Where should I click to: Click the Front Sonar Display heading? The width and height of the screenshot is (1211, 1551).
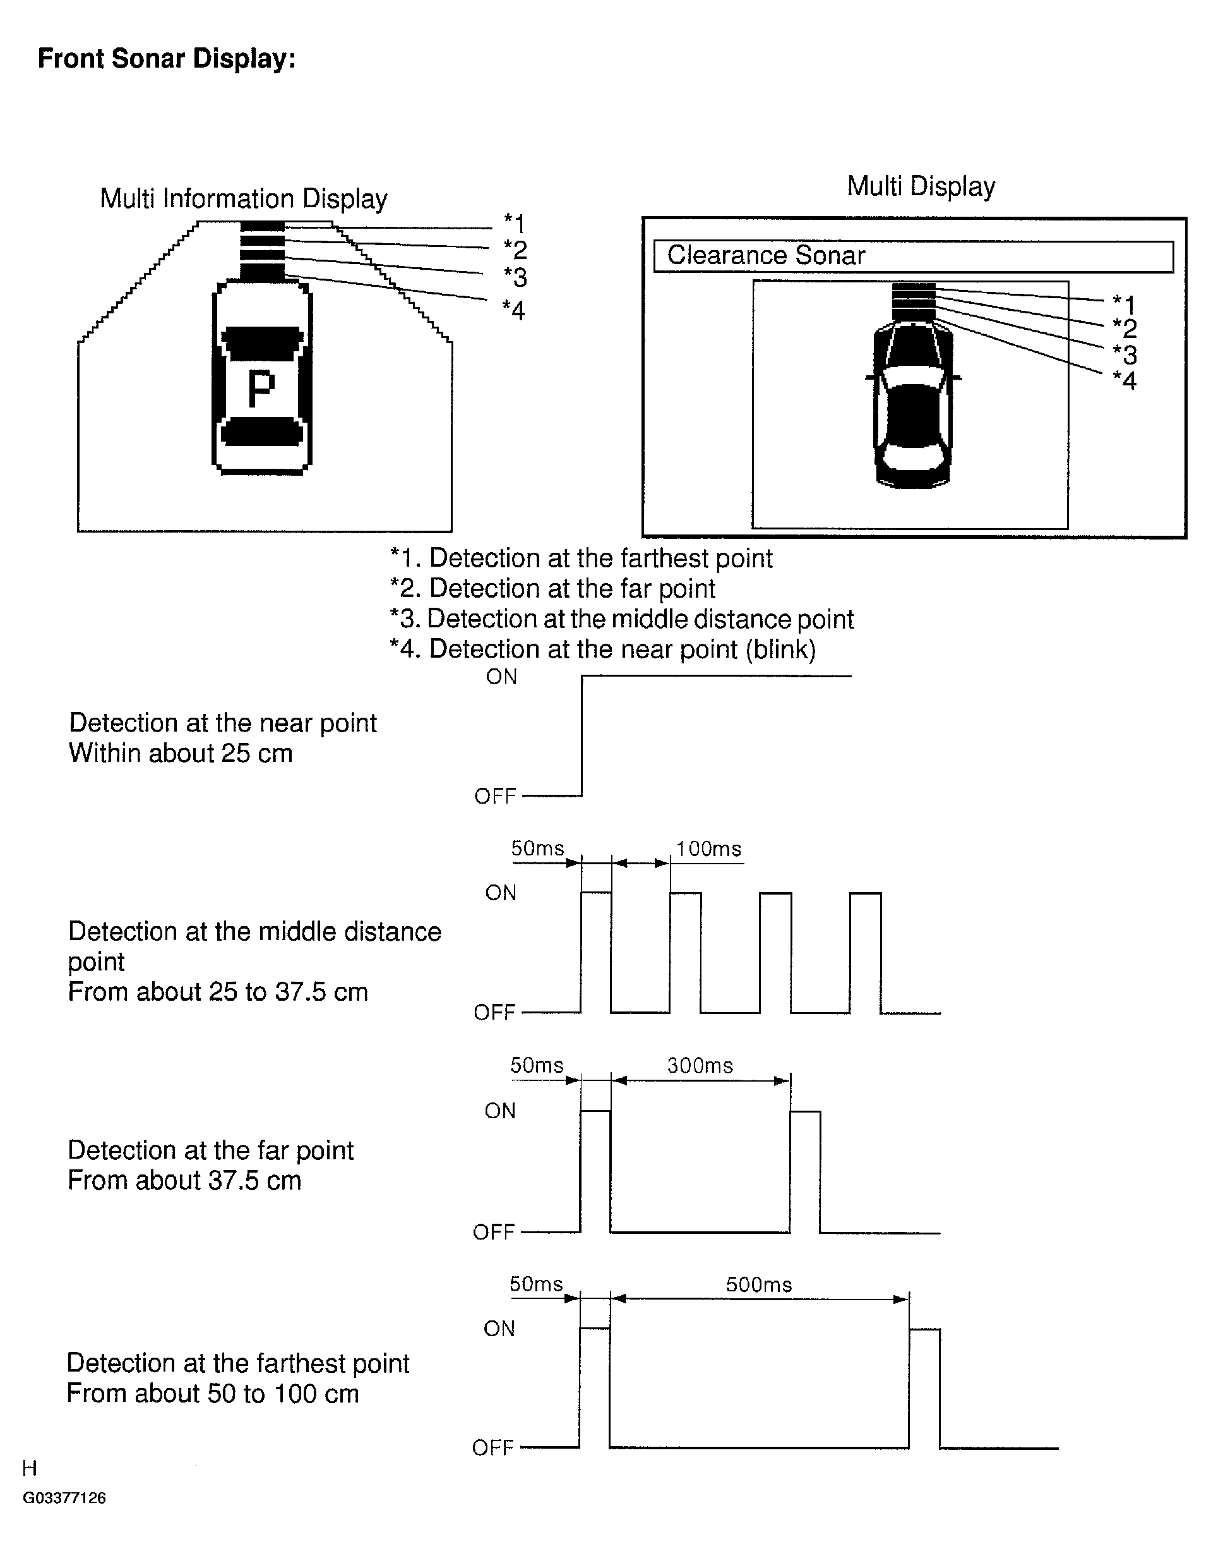coord(166,59)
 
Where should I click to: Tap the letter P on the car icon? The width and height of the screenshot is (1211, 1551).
coord(261,389)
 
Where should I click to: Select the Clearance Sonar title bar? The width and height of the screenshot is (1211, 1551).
coord(913,256)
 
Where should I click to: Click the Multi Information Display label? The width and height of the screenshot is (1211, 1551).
coord(244,199)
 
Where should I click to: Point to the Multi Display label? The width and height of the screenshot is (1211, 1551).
coord(921,186)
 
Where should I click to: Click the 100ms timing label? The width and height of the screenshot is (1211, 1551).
coord(708,849)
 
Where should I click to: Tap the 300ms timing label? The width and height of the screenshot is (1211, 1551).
coord(700,1065)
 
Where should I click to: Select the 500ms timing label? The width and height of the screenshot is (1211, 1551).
coord(759,1284)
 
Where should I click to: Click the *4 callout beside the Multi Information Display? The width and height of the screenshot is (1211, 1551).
coord(513,310)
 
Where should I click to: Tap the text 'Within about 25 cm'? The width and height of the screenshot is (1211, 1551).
coord(181,754)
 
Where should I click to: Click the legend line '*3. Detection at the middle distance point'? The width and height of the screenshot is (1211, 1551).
coord(621,619)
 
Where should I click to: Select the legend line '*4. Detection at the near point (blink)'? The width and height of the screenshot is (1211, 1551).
coord(603,649)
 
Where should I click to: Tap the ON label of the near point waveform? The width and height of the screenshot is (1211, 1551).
coord(501,677)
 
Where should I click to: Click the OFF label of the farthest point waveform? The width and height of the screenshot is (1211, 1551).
coord(492,1448)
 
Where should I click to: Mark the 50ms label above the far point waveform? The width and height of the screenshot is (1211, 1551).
coord(537,1065)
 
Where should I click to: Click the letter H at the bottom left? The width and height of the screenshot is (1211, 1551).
coord(29,1468)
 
